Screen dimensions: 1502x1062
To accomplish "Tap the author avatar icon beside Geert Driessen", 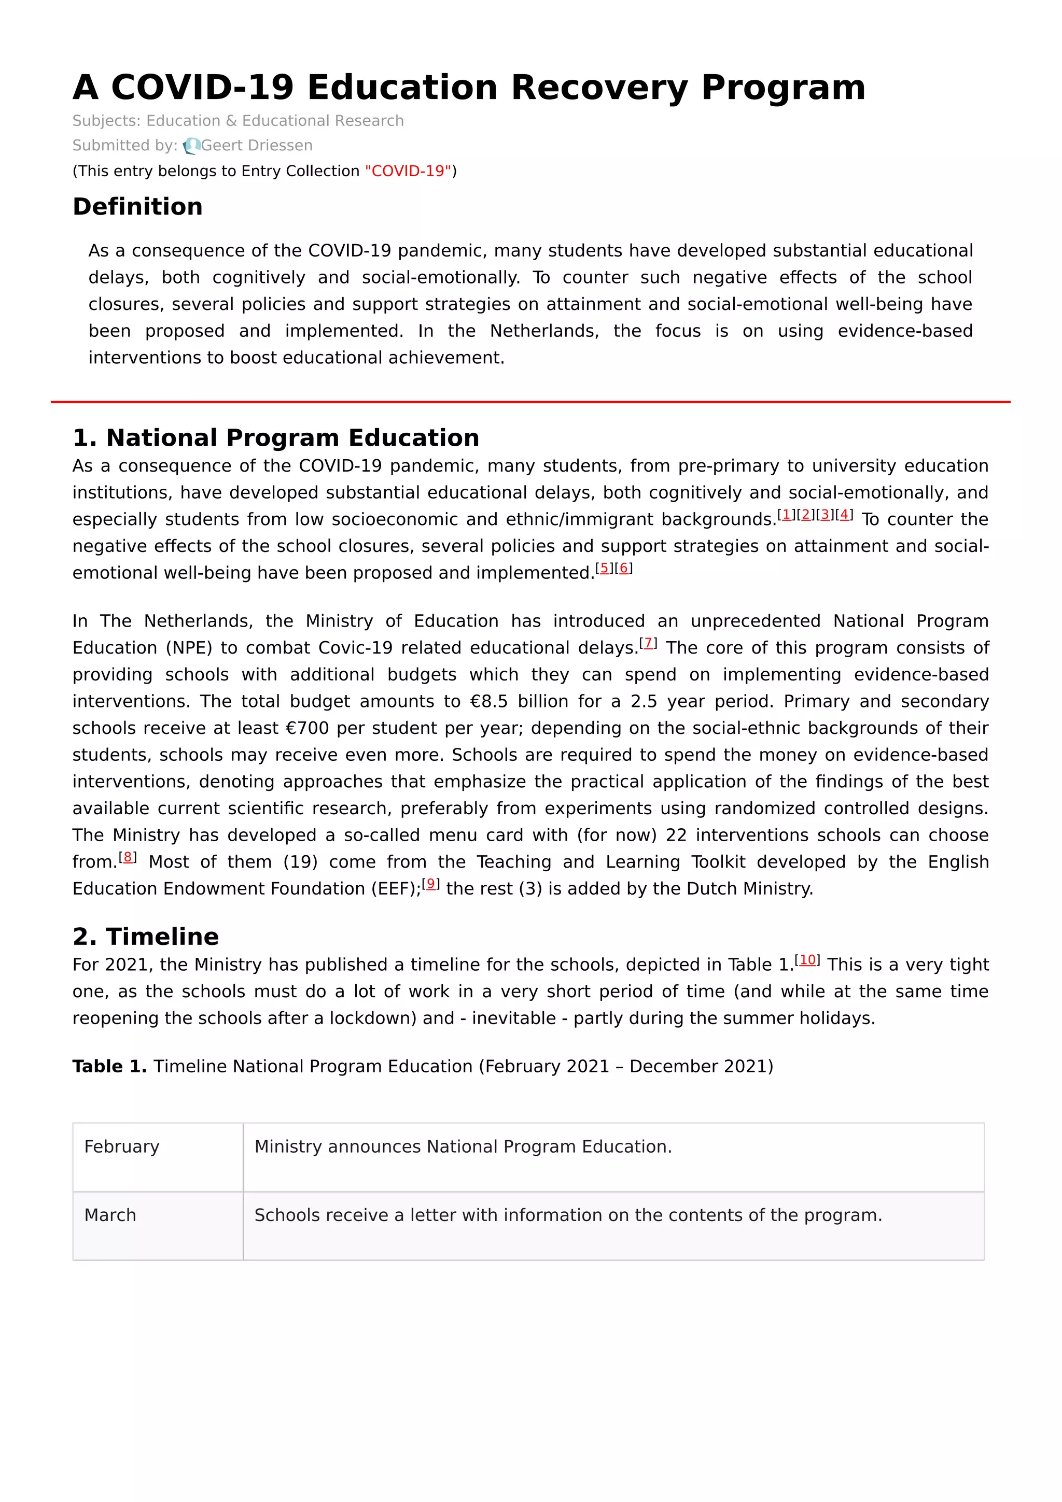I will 191,146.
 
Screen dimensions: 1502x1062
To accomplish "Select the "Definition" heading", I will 137,207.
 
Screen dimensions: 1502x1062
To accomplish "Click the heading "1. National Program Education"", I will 275,437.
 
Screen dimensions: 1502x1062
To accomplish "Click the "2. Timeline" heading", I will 145,936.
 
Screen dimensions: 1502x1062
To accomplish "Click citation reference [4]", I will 844,515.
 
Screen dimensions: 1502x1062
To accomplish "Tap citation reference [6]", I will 624,569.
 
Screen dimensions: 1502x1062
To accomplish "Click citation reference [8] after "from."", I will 128,857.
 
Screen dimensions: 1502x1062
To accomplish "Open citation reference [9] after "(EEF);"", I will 430,884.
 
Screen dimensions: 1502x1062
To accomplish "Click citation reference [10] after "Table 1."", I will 807,960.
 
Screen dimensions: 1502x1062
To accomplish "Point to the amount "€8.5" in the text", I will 489,701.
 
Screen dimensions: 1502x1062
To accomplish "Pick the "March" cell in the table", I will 110,1215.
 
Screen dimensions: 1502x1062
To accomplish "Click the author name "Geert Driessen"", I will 257,145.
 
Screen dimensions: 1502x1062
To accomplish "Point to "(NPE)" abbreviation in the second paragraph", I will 189,648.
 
